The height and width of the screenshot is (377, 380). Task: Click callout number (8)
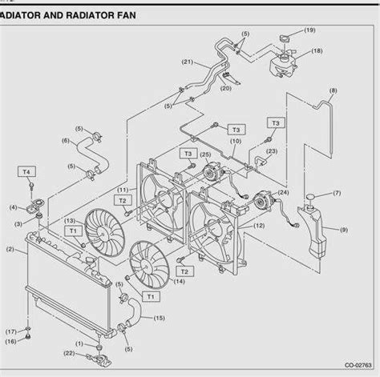click(332, 90)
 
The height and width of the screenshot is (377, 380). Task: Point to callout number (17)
click(12, 331)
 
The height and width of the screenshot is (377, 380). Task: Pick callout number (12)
click(258, 226)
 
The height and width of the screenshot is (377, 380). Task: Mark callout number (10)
click(233, 142)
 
